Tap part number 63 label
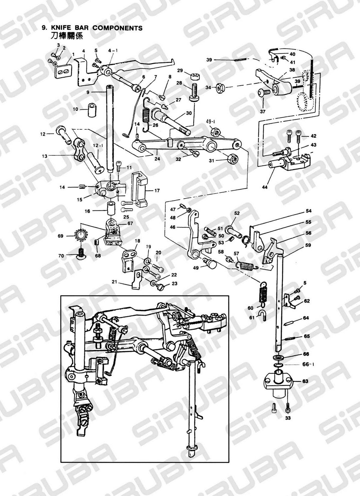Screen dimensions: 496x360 pos(305,381)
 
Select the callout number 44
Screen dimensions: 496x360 pos(264,187)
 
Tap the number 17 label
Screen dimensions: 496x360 pos(157,190)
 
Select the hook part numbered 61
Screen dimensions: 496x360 pos(264,314)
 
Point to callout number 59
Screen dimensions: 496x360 pos(308,245)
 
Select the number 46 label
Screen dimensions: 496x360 pos(182,227)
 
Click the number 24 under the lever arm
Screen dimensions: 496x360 pos(157,159)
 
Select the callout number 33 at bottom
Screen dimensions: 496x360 pos(288,418)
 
